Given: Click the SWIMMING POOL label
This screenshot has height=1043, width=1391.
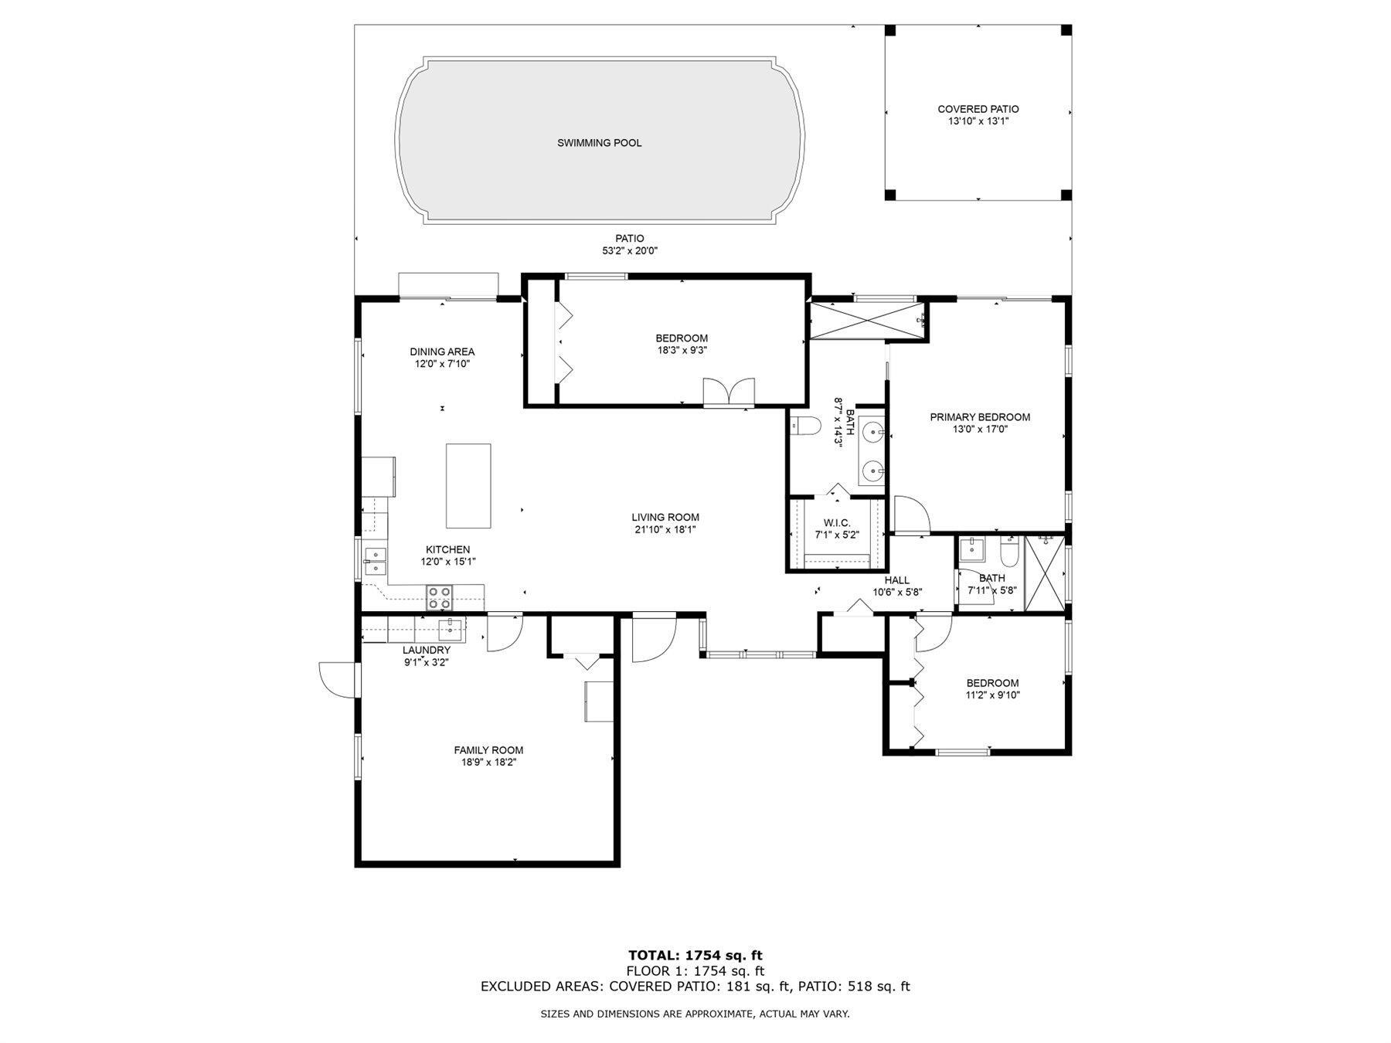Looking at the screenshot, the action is click(x=599, y=143).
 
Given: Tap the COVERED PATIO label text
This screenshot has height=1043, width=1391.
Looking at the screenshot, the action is click(x=978, y=110).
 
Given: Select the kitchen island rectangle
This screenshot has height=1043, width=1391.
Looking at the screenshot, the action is click(x=468, y=485).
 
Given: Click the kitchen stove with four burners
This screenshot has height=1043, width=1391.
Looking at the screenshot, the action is click(x=440, y=599).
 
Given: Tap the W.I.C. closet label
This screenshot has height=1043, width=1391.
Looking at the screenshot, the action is click(x=837, y=523).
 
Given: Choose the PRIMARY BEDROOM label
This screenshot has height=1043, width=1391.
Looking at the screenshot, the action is click(x=980, y=417).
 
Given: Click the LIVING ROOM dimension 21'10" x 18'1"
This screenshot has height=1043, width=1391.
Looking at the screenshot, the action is click(x=665, y=530).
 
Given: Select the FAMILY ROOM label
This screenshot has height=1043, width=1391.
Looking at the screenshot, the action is click(x=488, y=750).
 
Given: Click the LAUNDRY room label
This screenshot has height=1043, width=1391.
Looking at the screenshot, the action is click(x=426, y=651).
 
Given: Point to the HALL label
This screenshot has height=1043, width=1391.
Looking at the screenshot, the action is click(x=897, y=580).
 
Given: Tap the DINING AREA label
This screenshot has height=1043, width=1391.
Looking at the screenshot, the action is click(x=442, y=352).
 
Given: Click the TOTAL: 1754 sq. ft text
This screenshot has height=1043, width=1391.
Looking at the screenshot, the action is click(x=695, y=956).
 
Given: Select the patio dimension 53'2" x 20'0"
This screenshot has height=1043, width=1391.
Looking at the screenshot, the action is click(x=630, y=250).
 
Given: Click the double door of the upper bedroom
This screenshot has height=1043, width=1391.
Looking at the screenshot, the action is click(x=729, y=392).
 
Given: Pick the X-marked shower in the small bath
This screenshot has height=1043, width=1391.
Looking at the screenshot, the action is click(x=1044, y=573).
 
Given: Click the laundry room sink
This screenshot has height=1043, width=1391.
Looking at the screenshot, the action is click(x=449, y=630).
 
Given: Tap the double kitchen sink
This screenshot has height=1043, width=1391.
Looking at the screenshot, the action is click(x=376, y=562).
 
